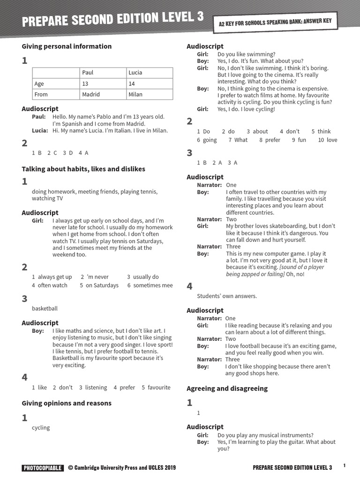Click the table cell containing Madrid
point(102,94)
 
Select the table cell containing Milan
point(149,94)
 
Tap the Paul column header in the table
point(102,73)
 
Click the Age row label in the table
point(55,83)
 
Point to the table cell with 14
point(149,83)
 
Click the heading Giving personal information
point(67,46)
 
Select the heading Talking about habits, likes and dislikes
point(83,169)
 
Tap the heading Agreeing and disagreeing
point(227,388)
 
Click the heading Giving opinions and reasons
point(67,403)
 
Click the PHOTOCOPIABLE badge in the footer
point(42,468)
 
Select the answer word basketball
point(45,308)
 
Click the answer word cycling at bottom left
point(41,427)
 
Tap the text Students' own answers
point(227,296)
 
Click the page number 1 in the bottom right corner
point(345,465)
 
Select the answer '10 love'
point(328,140)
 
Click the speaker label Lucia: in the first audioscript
point(40,130)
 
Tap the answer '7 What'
point(238,140)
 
